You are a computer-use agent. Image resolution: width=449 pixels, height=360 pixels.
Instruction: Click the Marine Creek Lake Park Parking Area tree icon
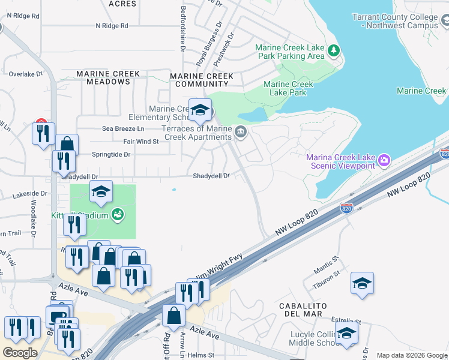334,52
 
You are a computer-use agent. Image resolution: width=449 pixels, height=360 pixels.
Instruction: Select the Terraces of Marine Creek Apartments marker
241,132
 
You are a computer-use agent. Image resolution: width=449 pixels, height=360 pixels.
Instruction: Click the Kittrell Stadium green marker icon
118,214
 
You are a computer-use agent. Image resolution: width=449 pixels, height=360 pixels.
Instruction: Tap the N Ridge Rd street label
112,26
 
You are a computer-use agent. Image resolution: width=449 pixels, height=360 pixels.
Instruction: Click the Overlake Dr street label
26,74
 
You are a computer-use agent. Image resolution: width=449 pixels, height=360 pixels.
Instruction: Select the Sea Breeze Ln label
123,128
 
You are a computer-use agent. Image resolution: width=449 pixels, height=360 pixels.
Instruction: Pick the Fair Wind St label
140,142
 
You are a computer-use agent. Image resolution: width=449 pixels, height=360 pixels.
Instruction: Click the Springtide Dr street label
111,154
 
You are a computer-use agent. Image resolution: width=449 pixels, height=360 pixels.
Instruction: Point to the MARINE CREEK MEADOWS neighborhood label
108,77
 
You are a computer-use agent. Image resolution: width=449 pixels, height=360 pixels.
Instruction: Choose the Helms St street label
200,355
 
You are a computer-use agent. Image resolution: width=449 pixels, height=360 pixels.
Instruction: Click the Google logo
20,353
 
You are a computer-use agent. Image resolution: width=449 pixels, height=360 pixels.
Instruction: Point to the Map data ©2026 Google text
411,355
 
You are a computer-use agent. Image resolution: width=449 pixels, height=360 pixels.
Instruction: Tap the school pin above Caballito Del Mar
362,284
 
